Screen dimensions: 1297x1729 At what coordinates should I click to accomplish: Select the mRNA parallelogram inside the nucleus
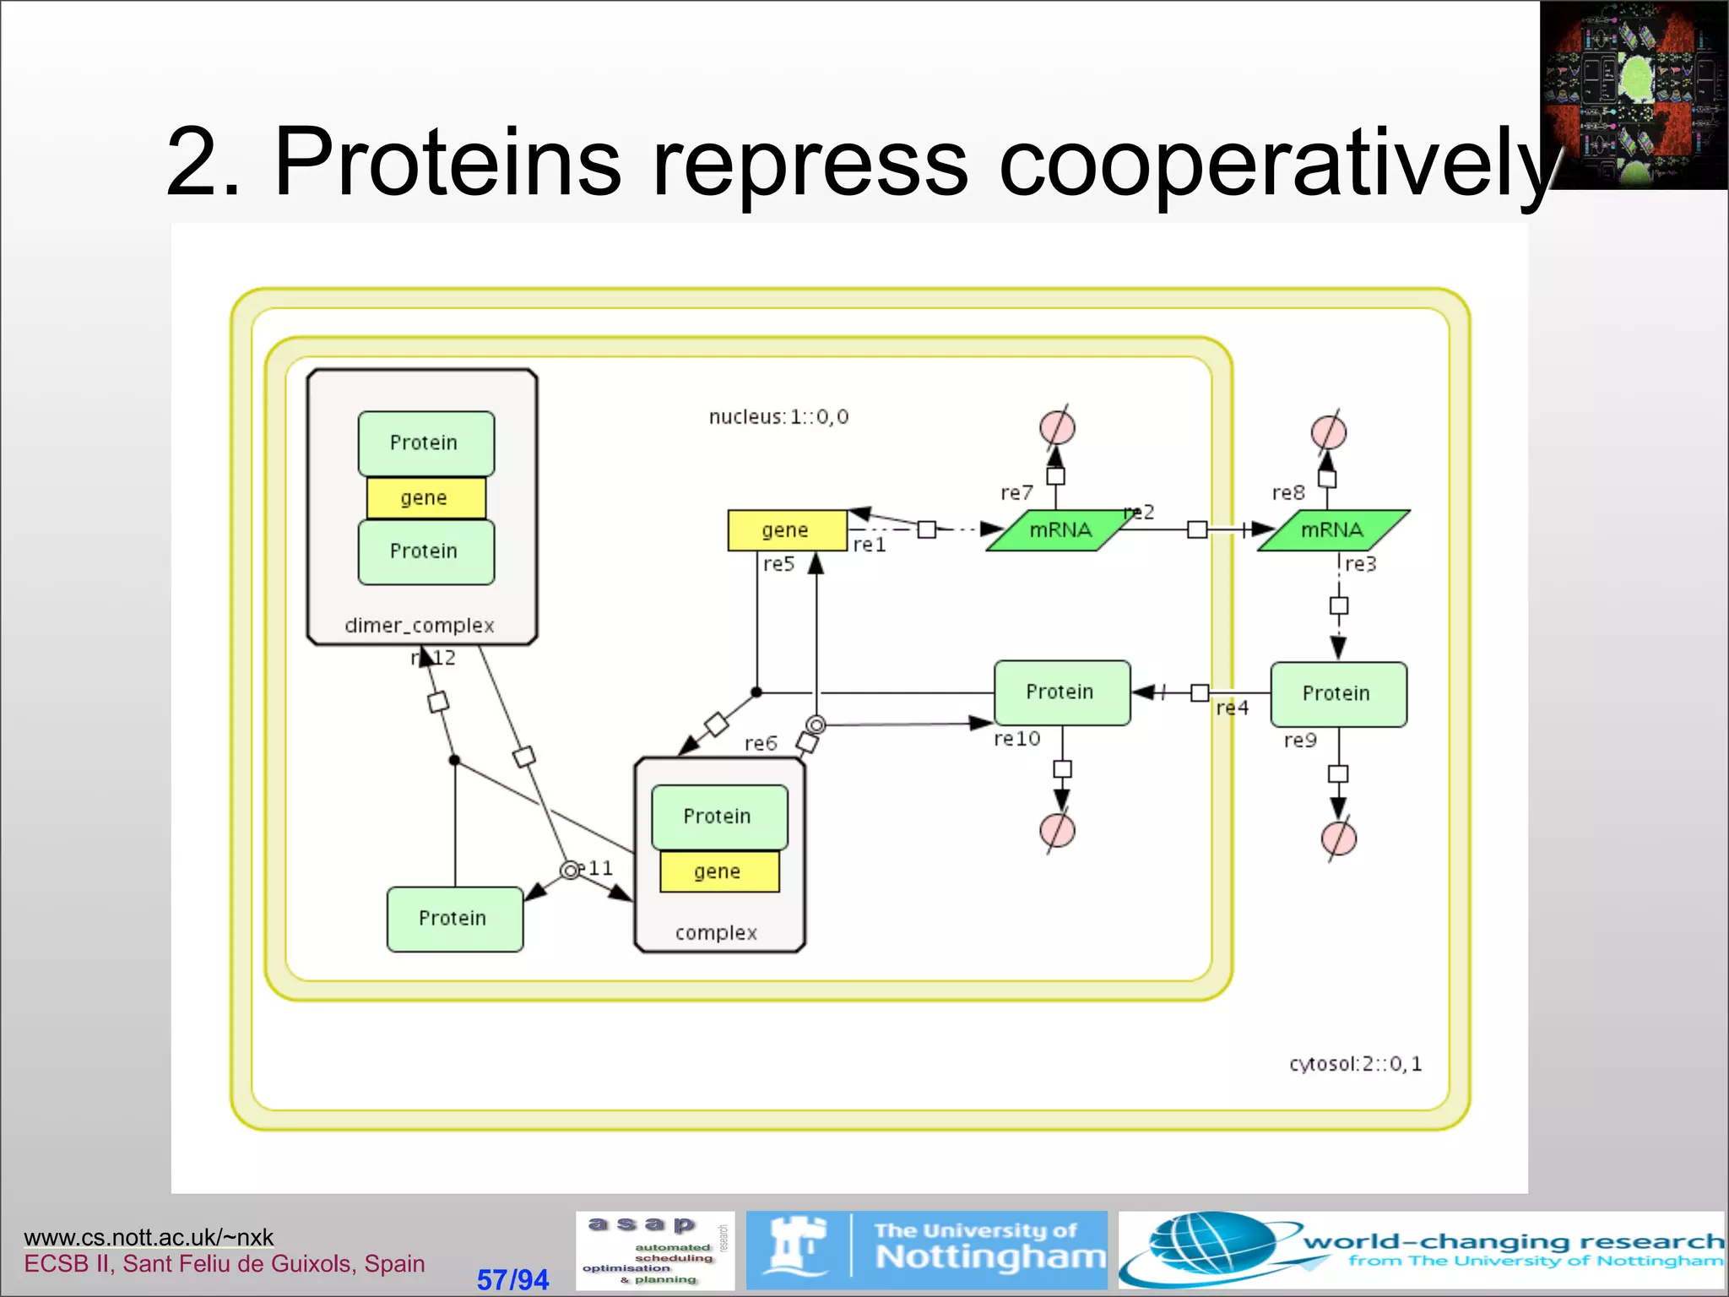1060,530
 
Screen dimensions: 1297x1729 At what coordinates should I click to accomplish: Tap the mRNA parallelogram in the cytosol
1332,530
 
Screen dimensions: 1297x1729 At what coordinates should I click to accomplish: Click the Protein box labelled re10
1061,692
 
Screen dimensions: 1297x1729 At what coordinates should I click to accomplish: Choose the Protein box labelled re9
1338,694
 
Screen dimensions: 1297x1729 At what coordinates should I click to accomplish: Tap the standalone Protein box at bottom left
454,919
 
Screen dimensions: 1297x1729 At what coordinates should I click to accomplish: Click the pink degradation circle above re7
1057,426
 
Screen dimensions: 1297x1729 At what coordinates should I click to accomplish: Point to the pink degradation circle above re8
1328,432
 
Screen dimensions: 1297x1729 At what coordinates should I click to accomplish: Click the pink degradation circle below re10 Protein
1057,830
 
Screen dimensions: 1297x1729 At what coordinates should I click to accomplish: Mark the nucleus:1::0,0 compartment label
778,417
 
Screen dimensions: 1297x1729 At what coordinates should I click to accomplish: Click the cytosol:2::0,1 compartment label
1355,1064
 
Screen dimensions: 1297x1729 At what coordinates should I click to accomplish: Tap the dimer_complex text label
420,626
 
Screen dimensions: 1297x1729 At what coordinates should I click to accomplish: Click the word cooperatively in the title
1275,162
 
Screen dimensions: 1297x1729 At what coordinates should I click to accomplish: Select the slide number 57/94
512,1279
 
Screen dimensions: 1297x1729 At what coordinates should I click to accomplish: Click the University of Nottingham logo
926,1250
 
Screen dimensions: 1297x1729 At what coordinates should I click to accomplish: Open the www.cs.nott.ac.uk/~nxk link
149,1237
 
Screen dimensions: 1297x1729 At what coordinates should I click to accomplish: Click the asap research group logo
655,1250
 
